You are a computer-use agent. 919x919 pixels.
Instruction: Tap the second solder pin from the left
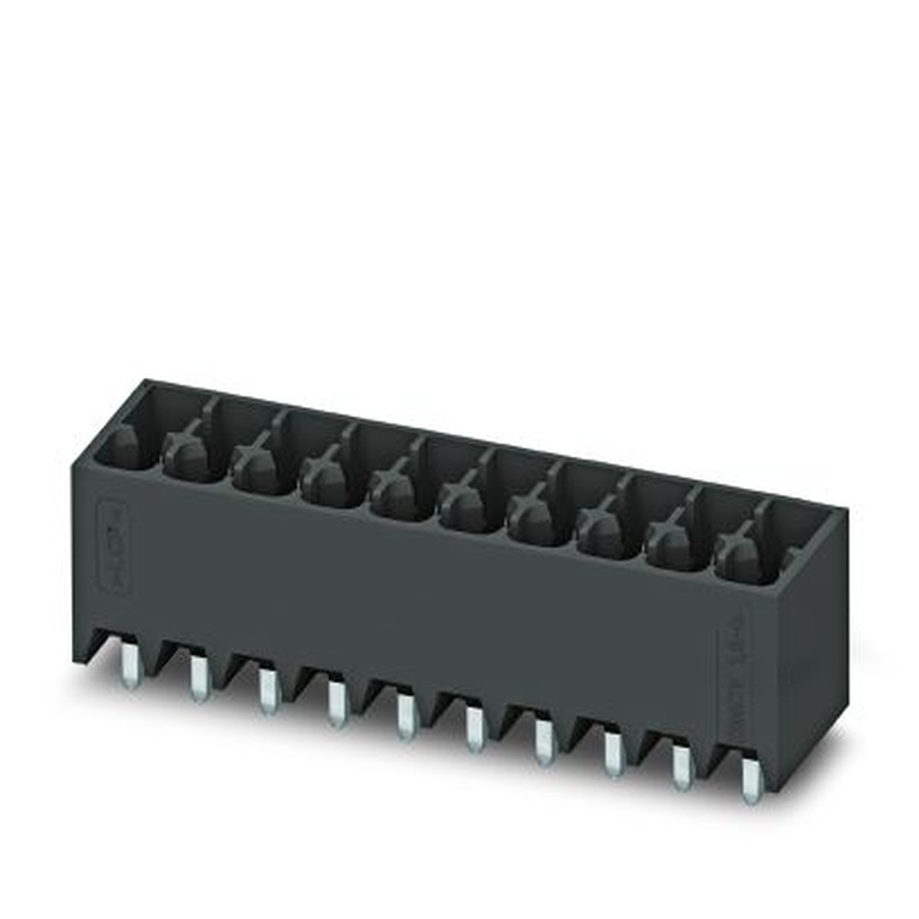(199, 681)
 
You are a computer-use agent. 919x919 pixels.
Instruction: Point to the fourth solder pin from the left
(336, 706)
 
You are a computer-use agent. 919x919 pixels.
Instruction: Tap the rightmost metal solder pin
(752, 782)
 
